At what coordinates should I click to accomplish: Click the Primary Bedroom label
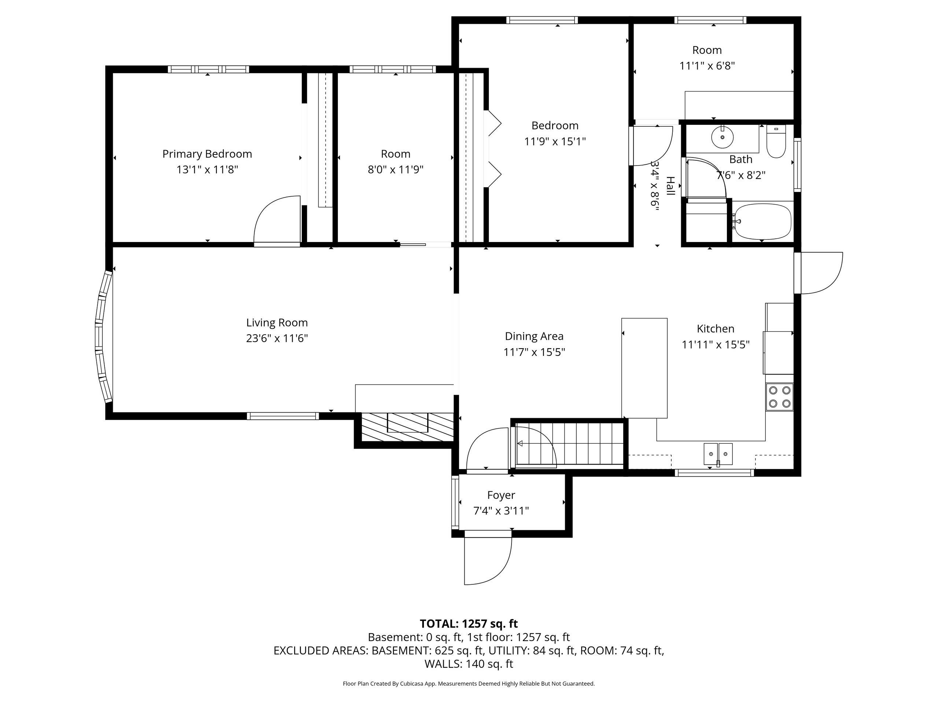click(207, 154)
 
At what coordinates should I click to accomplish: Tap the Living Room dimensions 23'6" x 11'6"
click(277, 338)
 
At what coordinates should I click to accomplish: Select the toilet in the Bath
click(776, 142)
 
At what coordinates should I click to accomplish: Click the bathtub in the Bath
click(762, 221)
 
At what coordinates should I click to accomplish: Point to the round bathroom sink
click(722, 137)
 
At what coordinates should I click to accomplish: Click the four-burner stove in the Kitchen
click(779, 397)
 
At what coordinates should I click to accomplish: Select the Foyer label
click(501, 495)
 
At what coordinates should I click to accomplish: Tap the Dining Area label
click(534, 336)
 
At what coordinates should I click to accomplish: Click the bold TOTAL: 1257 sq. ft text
click(469, 624)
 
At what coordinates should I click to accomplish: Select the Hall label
click(671, 186)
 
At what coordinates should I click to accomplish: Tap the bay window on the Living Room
click(103, 337)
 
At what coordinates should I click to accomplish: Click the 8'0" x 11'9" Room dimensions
click(396, 170)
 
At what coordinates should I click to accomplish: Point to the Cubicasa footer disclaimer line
click(469, 684)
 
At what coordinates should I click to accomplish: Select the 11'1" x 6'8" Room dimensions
click(707, 66)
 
